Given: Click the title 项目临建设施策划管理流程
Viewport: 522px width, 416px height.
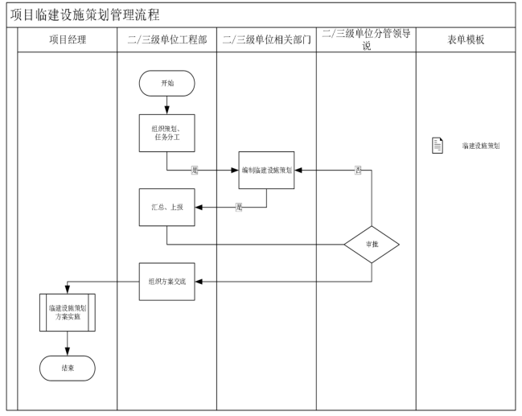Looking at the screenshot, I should pos(85,14).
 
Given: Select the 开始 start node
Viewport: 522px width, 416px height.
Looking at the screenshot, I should pos(166,84).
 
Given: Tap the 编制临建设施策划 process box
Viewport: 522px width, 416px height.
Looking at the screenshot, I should pos(266,171).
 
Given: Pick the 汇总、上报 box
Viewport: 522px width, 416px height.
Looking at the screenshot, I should pos(166,208).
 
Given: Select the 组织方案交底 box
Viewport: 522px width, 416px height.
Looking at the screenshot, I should pos(166,282).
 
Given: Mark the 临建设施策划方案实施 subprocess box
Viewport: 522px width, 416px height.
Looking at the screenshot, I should pos(68,312).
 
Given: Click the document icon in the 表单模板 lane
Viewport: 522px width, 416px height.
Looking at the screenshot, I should pos(438,146).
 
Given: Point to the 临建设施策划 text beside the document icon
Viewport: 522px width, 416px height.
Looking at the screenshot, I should pos(480,146).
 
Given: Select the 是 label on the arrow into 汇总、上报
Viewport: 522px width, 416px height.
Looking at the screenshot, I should pos(238,208).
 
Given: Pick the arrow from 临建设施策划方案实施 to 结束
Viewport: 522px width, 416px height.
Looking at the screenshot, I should pos(68,343).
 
